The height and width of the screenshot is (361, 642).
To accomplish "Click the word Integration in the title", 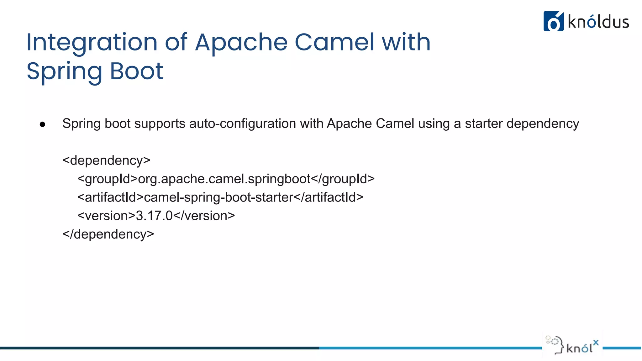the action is click(x=92, y=43).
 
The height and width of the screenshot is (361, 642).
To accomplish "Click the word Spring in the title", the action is click(x=64, y=72).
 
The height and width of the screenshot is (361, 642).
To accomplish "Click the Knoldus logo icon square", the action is click(x=553, y=21).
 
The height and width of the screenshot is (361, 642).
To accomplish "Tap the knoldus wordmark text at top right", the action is click(x=598, y=22).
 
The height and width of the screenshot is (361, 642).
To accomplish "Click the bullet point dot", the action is click(x=43, y=125).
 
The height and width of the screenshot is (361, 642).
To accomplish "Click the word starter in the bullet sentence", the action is click(x=484, y=124).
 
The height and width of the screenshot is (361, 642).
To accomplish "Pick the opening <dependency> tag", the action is click(x=106, y=161).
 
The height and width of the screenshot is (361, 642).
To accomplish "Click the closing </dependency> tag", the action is click(x=108, y=234).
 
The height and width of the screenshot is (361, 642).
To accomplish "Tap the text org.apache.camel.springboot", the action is click(x=224, y=179).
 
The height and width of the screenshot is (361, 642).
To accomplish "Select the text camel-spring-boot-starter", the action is click(x=218, y=197).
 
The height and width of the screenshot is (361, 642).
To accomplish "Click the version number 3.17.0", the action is click(x=154, y=216).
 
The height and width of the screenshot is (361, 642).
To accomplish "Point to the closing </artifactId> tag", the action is click(x=329, y=197).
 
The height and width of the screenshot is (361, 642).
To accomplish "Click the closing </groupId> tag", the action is click(x=343, y=179).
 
